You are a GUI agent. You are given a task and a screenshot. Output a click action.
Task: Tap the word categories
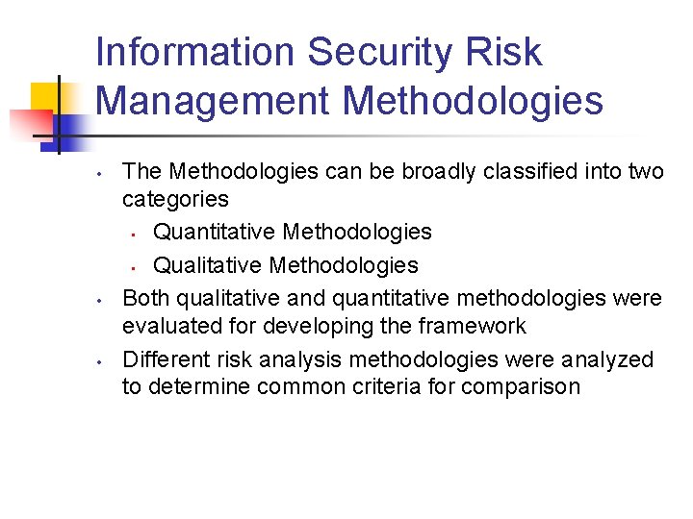coord(175,199)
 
